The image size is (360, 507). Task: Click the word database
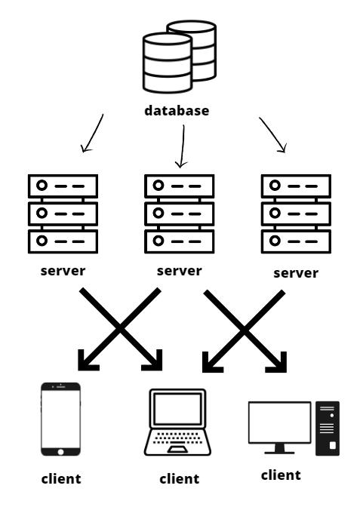pyautogui.click(x=177, y=111)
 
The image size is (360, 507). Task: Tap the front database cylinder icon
pyautogui.click(x=168, y=63)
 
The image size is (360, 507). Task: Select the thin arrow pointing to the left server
pyautogui.click(x=93, y=134)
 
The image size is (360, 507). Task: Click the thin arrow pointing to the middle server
pyautogui.click(x=183, y=146)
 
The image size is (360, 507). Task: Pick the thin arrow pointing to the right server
pyautogui.click(x=272, y=134)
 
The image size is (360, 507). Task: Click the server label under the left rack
pyautogui.click(x=63, y=271)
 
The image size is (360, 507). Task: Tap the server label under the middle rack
pyautogui.click(x=180, y=271)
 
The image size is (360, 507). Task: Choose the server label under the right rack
pyautogui.click(x=296, y=273)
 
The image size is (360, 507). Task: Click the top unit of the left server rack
pyautogui.click(x=63, y=186)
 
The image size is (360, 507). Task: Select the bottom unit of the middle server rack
pyautogui.click(x=180, y=241)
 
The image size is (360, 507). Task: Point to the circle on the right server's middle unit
pyautogui.click(x=275, y=213)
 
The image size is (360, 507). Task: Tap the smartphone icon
pyautogui.click(x=61, y=419)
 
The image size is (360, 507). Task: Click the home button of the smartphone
pyautogui.click(x=60, y=452)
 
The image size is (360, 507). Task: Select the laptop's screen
pyautogui.click(x=177, y=409)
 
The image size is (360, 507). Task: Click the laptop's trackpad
pyautogui.click(x=177, y=449)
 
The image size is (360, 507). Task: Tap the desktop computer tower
pyautogui.click(x=328, y=429)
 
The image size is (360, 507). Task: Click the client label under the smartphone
pyautogui.click(x=61, y=478)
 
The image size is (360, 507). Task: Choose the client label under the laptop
pyautogui.click(x=180, y=478)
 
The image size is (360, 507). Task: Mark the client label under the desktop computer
pyautogui.click(x=281, y=475)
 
